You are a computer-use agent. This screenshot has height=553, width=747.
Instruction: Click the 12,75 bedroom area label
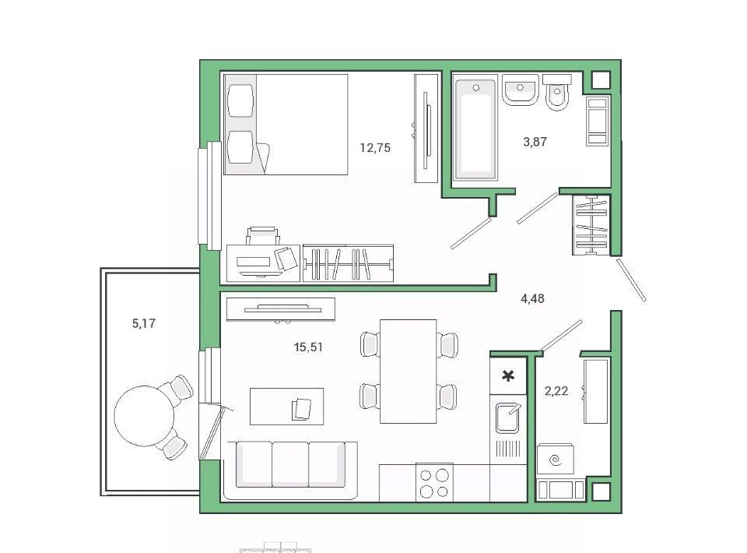pyautogui.click(x=375, y=148)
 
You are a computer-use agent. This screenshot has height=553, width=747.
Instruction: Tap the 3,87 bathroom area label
pyautogui.click(x=535, y=142)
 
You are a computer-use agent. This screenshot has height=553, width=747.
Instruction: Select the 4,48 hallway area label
pyautogui.click(x=532, y=298)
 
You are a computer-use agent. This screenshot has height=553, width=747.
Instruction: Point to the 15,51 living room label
pyautogui.click(x=308, y=347)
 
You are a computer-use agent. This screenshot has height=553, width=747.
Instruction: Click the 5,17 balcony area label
pyautogui.click(x=143, y=324)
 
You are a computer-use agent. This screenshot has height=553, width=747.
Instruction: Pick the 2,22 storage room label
pyautogui.click(x=556, y=392)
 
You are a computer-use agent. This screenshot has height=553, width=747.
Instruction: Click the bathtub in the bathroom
pyautogui.click(x=475, y=130)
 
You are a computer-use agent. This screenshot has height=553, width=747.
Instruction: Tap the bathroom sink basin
pyautogui.click(x=520, y=90)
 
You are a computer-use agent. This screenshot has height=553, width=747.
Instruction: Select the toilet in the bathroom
pyautogui.click(x=556, y=92)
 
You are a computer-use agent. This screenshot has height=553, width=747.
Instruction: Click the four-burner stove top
pyautogui.click(x=434, y=482)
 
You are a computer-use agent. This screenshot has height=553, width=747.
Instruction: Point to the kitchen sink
pyautogui.click(x=508, y=418)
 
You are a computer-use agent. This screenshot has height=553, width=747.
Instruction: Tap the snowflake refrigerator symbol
pyautogui.click(x=508, y=376)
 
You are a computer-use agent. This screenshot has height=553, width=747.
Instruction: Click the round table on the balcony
pyautogui.click(x=144, y=416)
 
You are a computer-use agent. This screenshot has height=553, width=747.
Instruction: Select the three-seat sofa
pyautogui.click(x=290, y=470)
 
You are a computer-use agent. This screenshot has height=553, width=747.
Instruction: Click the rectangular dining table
pyautogui.click(x=409, y=372)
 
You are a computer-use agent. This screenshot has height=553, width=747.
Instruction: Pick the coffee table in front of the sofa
pyautogui.click(x=287, y=406)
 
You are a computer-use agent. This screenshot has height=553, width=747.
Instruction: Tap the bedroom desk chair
pyautogui.click(x=263, y=236)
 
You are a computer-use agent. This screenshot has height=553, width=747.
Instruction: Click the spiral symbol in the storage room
pyautogui.click(x=555, y=460)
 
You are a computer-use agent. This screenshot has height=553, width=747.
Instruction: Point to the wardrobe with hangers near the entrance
pyautogui.click(x=591, y=224)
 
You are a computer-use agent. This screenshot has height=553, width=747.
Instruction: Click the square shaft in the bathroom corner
pyautogui.click(x=601, y=79)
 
